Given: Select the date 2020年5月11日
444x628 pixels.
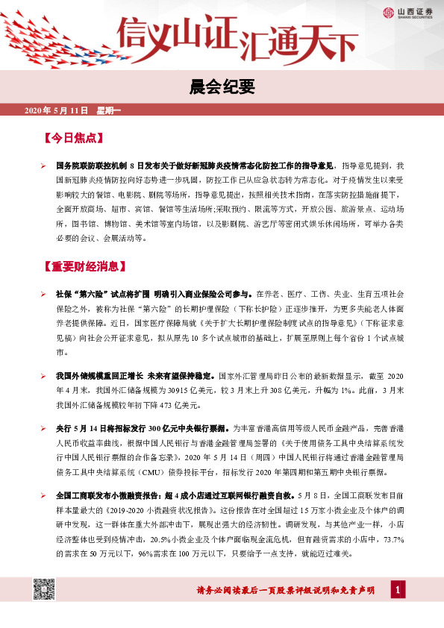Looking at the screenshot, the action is point(57,112).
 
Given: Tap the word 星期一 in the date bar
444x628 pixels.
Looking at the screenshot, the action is point(110,112).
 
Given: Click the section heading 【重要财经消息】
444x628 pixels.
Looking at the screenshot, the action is point(87,266).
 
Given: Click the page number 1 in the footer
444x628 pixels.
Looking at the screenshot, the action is point(399,591).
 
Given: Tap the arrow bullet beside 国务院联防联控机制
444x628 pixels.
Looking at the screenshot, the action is point(44,164).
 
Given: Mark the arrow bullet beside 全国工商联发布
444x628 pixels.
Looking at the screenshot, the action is point(44,495).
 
